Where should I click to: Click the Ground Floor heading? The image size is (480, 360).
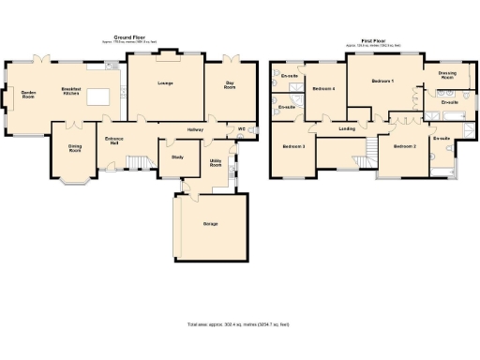coord(130,37)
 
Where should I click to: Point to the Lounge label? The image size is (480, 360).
coord(166,82)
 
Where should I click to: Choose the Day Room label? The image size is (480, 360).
coord(229,84)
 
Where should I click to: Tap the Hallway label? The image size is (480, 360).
coord(195,129)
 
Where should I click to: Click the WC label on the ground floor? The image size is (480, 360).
coord(241,129)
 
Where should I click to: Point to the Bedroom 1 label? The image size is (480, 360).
coord(382,82)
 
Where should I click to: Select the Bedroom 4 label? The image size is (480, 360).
coord(323,88)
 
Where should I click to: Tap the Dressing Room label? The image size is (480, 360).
coord(447,76)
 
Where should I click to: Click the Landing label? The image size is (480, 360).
coord(347,128)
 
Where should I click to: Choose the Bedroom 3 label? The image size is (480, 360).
coord(293,147)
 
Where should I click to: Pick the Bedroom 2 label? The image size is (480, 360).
coord(404,147)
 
